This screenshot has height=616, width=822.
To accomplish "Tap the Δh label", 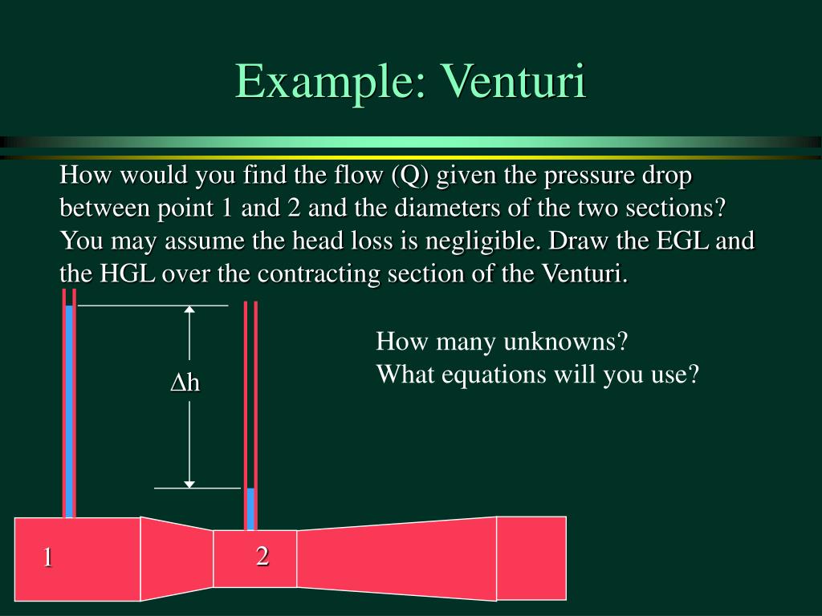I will click(x=185, y=383).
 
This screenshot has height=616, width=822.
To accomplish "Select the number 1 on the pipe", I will click(x=48, y=557).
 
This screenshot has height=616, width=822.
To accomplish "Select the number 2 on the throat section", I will click(x=262, y=555).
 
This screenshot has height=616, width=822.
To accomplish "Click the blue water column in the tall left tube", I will click(x=70, y=409).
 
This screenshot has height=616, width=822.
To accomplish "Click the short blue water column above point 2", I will click(x=250, y=509).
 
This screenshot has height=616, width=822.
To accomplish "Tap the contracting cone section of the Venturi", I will click(x=177, y=558).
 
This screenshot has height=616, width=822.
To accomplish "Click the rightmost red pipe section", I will click(x=531, y=557).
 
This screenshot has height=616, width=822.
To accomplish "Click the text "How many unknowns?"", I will click(x=501, y=342).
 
